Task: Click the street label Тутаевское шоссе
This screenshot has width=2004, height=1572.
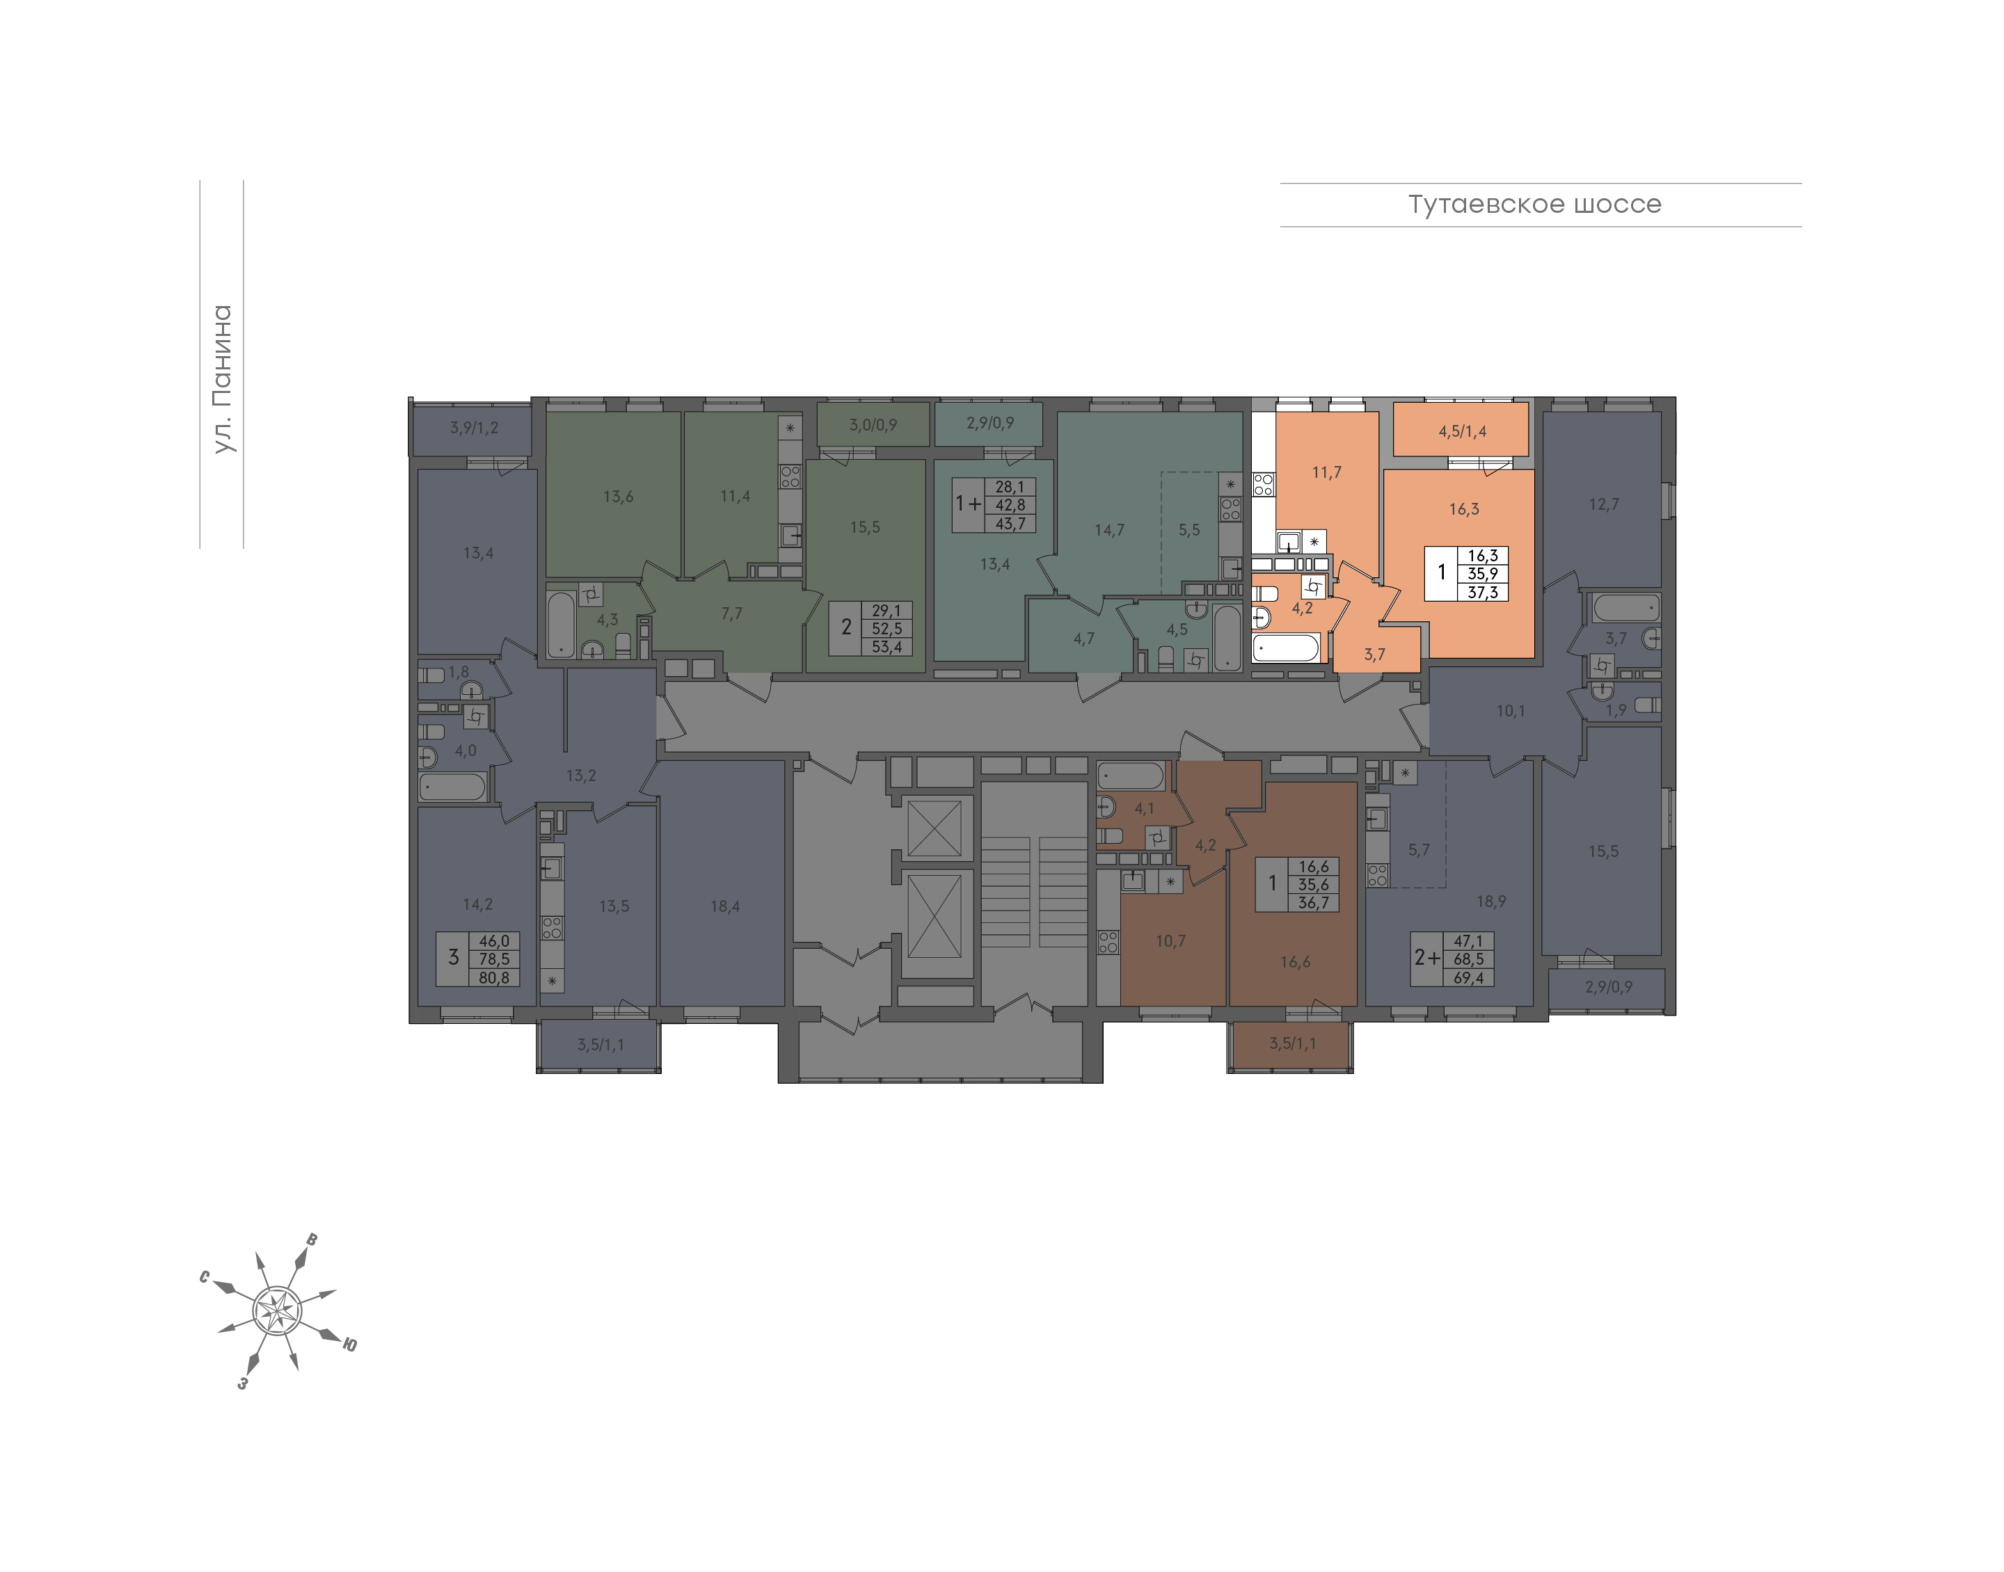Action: (x=1534, y=204)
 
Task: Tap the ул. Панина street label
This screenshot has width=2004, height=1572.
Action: (x=222, y=378)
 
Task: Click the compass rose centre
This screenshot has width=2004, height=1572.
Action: (x=276, y=1310)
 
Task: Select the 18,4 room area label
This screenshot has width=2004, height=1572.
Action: (x=724, y=906)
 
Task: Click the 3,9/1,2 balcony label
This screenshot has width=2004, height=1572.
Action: (x=474, y=427)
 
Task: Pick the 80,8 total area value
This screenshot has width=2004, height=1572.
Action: (x=494, y=977)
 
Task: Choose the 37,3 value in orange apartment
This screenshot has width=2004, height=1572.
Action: (x=1482, y=592)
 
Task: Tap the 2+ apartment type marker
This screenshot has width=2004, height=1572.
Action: (x=1427, y=958)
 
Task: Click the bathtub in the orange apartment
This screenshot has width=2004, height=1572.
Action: (x=1286, y=648)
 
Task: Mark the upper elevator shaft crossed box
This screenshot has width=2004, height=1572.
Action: (x=935, y=828)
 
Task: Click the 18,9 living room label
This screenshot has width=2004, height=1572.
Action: (x=1491, y=901)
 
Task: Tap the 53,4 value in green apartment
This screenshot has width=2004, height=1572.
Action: (x=886, y=646)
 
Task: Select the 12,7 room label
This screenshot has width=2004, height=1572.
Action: (x=1604, y=504)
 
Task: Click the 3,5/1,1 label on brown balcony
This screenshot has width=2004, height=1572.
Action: (x=1292, y=1043)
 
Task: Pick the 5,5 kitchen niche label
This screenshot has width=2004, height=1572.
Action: (x=1189, y=530)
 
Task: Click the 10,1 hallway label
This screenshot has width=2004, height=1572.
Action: (x=1511, y=710)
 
